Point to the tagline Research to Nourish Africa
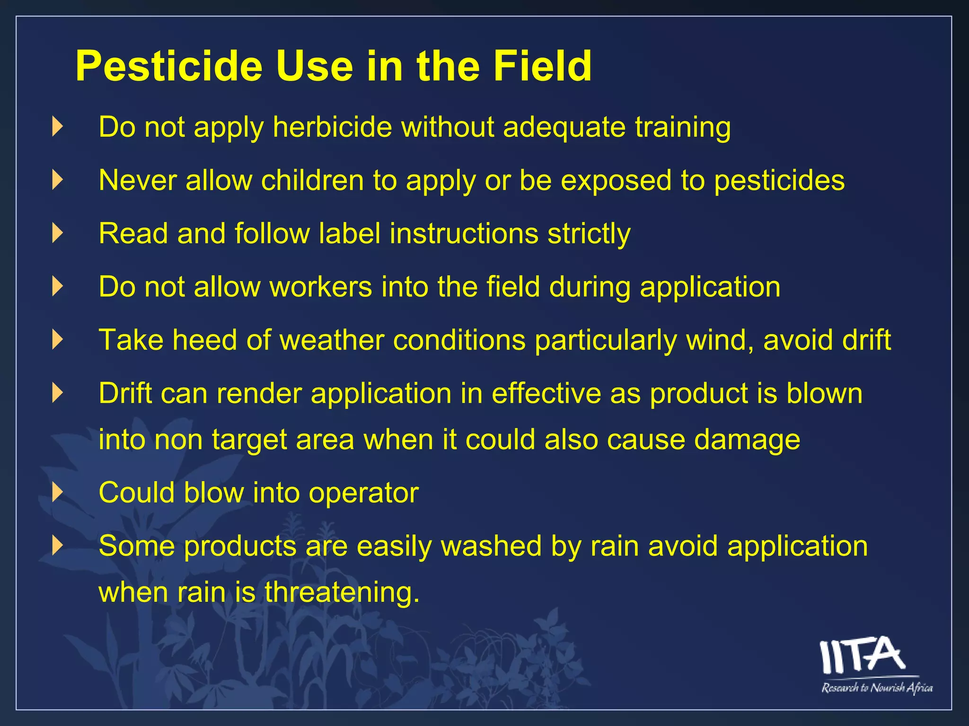click(877, 688)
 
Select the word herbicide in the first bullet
click(332, 127)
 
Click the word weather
click(332, 340)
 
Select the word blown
click(824, 393)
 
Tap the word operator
click(363, 493)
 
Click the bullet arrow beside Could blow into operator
click(57, 493)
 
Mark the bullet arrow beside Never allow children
click(57, 180)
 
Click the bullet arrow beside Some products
click(57, 545)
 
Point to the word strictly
click(589, 234)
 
